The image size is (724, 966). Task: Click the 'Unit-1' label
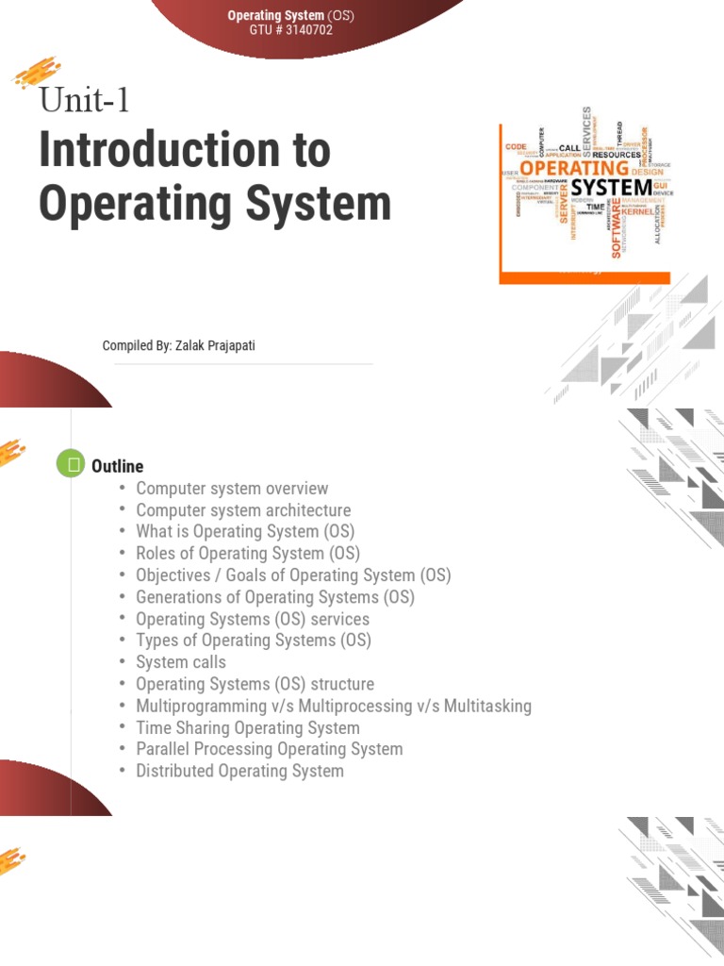point(84,99)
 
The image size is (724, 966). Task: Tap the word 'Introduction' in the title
point(185,151)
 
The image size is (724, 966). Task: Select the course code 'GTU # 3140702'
point(290,30)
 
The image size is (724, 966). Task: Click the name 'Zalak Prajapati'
point(214,346)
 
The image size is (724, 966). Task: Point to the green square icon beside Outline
point(71,465)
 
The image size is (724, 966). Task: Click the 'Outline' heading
point(118,466)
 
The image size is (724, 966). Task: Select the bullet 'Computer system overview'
point(232,489)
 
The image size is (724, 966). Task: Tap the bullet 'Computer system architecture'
point(243,510)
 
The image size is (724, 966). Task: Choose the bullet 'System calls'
point(181,662)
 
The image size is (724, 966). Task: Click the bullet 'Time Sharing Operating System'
point(248,727)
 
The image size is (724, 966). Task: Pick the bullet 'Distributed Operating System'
point(240,771)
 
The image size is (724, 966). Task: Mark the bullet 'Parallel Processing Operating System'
point(270,749)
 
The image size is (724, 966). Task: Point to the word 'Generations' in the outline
point(177,597)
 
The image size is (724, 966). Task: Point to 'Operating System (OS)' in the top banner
point(290,15)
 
